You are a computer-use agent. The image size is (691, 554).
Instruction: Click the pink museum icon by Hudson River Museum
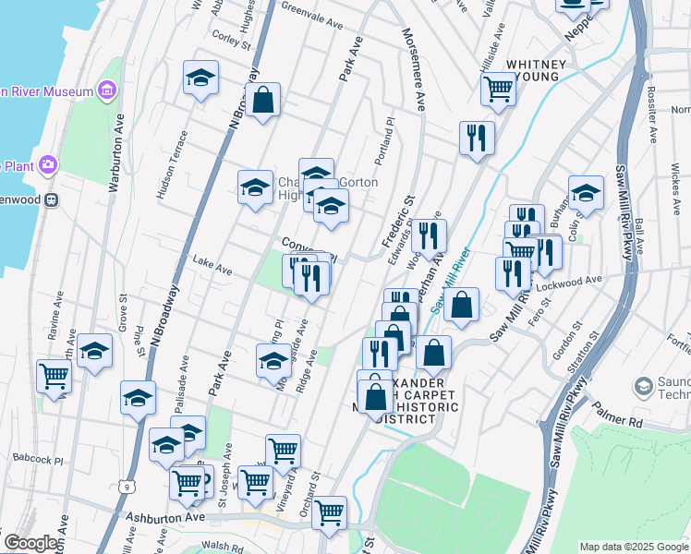click(108, 90)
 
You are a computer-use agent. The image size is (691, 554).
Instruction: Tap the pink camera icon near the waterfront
click(48, 165)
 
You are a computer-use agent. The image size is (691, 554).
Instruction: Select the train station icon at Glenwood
click(53, 199)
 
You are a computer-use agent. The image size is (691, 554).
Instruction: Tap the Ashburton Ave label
click(164, 518)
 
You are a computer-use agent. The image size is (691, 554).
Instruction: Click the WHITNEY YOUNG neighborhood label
click(534, 70)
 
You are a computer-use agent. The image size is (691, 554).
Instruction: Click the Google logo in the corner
click(30, 543)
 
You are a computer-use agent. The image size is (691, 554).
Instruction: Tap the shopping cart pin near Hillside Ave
click(498, 89)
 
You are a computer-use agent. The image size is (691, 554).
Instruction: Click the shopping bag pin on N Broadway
click(263, 102)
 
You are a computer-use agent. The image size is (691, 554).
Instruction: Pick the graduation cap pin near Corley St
click(200, 78)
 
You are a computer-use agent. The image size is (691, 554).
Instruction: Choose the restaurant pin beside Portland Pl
click(477, 138)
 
